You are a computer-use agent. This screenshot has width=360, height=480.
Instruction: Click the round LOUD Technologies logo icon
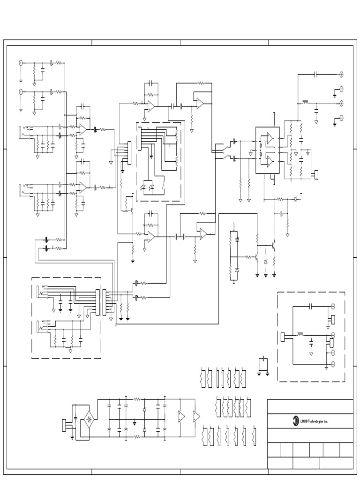click(296, 421)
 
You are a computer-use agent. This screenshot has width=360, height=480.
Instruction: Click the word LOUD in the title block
click(307, 421)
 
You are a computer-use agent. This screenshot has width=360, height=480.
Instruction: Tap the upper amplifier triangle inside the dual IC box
click(270, 138)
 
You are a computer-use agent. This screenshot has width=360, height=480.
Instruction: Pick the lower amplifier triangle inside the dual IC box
click(270, 161)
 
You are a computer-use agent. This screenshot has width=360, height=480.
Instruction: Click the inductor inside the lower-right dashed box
click(300, 335)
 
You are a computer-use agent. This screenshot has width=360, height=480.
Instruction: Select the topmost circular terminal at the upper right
click(342, 74)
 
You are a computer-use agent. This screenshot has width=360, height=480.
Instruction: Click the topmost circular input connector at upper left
click(21, 62)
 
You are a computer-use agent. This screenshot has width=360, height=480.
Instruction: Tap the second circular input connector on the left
click(21, 91)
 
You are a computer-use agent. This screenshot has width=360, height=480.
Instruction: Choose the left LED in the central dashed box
click(143, 187)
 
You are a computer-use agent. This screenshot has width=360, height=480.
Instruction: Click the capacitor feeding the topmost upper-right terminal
click(316, 74)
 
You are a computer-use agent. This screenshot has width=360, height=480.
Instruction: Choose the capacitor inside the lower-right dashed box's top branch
click(311, 306)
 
